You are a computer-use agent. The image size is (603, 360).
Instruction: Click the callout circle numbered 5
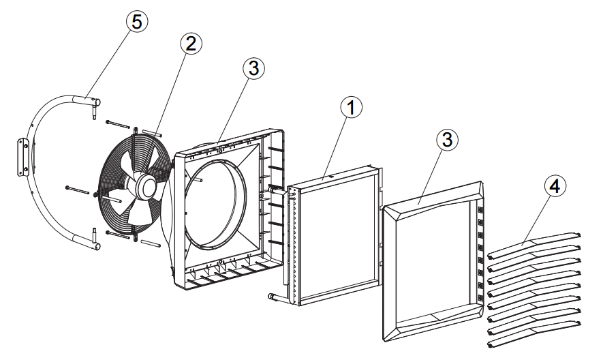pos(137,22)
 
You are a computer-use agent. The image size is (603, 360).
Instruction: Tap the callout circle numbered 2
pos(190,44)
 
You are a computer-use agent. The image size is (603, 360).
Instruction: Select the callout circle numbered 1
pos(351,107)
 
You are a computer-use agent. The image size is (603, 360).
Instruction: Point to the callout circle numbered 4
pos(555,185)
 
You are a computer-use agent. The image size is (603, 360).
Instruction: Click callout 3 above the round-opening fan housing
pos(253,67)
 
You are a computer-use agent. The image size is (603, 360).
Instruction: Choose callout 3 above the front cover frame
pos(446,140)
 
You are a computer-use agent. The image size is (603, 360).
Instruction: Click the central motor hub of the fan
pos(146,185)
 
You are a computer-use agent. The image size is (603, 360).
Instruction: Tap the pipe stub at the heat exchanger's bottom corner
pos(273,297)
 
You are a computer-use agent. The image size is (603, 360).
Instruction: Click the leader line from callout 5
pos(112,64)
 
